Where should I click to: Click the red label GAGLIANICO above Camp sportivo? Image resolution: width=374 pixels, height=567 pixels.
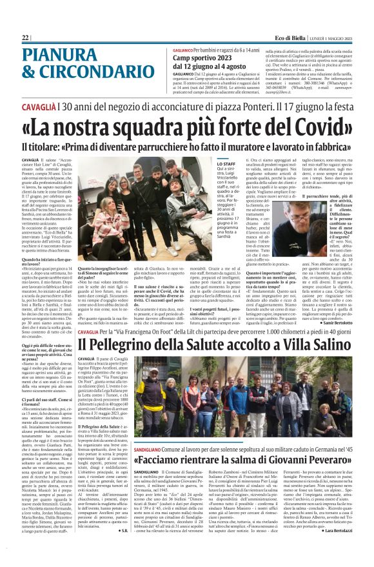pyautogui.click(x=186, y=50)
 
